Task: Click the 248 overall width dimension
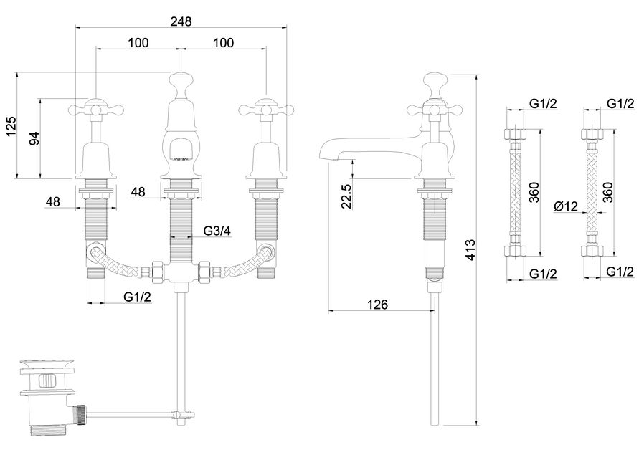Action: pos(181,21)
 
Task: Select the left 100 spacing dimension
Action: pos(138,43)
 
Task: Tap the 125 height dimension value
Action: pos(11,127)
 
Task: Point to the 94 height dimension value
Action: pos(33,138)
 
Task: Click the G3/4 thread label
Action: pos(217,231)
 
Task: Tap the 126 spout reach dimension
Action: pos(377,305)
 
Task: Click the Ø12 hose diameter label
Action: pos(566,207)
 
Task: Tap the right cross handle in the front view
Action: pos(266,109)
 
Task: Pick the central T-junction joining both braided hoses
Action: pos(179,273)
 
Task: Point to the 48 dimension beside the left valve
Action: pos(52,201)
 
